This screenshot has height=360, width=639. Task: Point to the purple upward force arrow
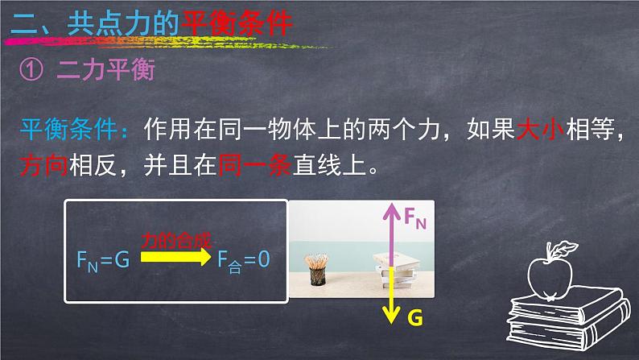[x=391, y=234]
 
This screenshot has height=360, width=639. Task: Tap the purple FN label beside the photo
[x=414, y=216]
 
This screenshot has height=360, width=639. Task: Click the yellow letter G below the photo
[x=414, y=318]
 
